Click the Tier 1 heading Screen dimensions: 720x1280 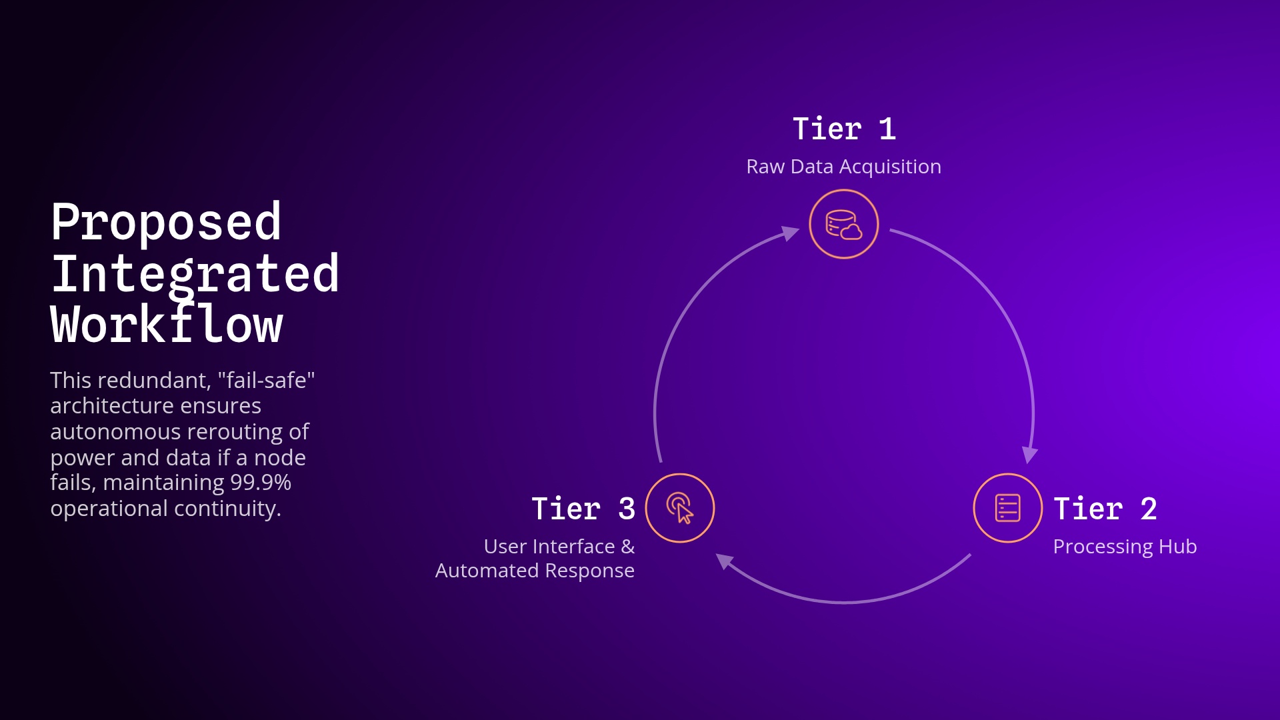tap(843, 129)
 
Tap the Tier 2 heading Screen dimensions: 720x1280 tap(1105, 509)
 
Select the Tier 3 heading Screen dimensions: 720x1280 tap(583, 509)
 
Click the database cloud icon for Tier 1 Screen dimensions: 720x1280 tap(843, 224)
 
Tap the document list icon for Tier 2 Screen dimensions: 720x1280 tap(1007, 508)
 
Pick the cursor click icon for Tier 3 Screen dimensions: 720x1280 tap(680, 508)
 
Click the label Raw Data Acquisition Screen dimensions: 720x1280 tap(843, 167)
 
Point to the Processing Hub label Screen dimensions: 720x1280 tap(1125, 547)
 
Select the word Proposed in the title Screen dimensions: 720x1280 tap(166, 222)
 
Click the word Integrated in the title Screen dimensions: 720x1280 tap(195, 273)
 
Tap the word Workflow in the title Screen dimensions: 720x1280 tap(167, 325)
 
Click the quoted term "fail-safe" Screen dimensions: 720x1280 tap(266, 380)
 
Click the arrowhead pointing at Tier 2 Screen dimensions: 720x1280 tap(1030, 455)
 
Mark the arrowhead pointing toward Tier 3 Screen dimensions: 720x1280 tap(724, 561)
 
